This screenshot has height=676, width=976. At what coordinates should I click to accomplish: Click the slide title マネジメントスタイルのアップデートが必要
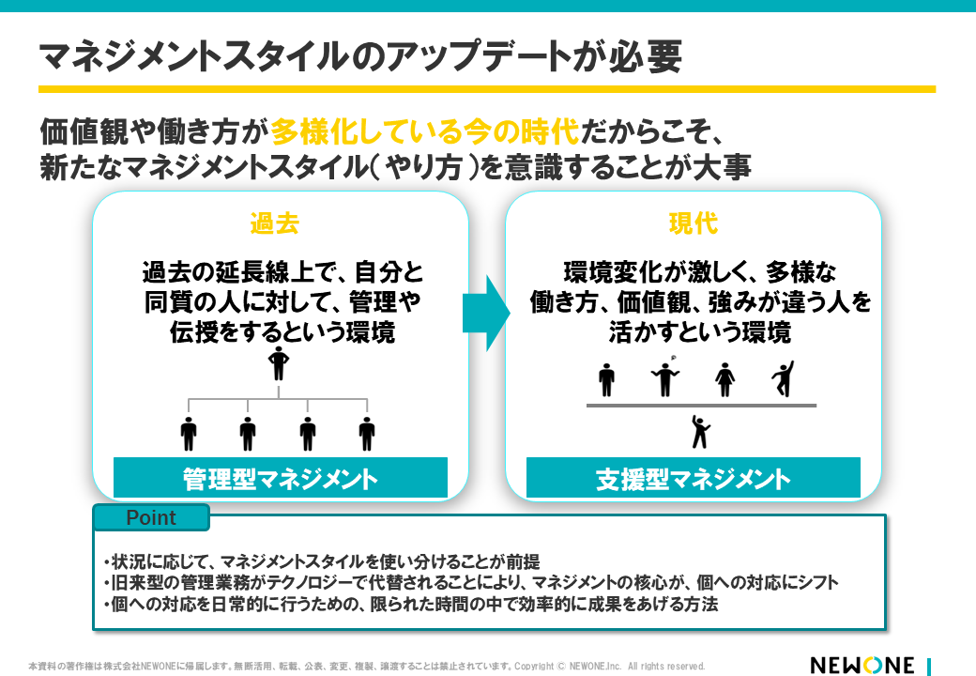[360, 55]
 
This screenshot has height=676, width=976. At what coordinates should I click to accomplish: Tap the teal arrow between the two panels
[485, 313]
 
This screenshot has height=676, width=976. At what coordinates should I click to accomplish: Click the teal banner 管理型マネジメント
[280, 478]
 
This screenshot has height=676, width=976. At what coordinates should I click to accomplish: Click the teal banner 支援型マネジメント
[693, 479]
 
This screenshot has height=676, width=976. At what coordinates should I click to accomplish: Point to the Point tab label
[150, 518]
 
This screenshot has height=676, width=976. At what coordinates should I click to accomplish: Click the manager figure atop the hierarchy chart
[278, 363]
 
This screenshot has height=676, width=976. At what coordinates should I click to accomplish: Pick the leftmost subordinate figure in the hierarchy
[189, 434]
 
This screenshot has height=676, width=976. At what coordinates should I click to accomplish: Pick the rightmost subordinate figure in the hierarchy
[367, 434]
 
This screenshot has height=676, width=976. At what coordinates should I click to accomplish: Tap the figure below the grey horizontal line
[700, 431]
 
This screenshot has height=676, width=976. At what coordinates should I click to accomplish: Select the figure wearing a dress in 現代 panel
[724, 379]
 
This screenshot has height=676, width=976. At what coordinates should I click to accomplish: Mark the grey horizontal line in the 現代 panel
[701, 406]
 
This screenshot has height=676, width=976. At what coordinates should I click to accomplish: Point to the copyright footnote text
[366, 666]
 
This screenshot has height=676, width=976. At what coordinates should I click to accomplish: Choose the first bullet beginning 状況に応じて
[321, 562]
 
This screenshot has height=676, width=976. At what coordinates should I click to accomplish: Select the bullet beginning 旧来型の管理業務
[470, 583]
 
